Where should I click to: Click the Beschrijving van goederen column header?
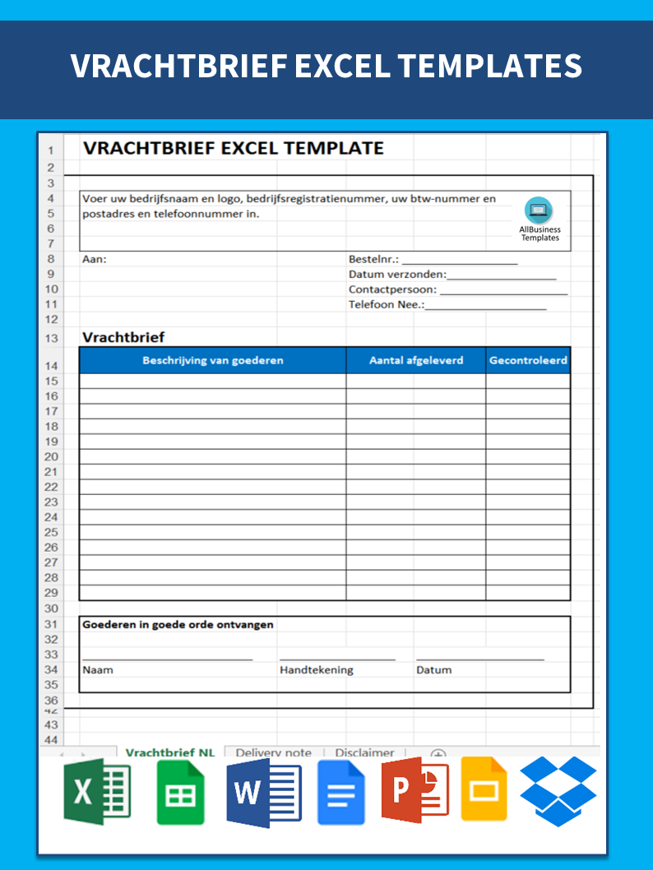click(x=212, y=360)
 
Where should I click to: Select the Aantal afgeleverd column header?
click(x=415, y=360)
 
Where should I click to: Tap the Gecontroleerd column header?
click(x=528, y=360)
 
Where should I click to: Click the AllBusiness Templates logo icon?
click(x=539, y=211)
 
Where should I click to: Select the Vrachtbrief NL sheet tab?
click(x=170, y=752)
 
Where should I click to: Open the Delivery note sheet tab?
click(x=273, y=752)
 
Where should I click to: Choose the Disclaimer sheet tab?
click(x=364, y=752)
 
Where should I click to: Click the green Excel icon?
click(x=97, y=792)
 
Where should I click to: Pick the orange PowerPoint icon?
click(x=414, y=792)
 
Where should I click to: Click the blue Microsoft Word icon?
click(x=264, y=792)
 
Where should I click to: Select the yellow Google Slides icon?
click(x=484, y=790)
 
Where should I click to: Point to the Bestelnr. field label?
click(x=373, y=260)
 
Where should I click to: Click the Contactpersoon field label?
click(x=393, y=289)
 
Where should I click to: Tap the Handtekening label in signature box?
click(x=316, y=669)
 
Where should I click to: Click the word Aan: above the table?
click(x=95, y=260)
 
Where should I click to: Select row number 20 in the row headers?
click(x=51, y=456)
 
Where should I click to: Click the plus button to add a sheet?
click(x=438, y=754)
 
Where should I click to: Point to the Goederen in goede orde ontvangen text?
click(x=178, y=624)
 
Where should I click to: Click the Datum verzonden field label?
click(x=396, y=275)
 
